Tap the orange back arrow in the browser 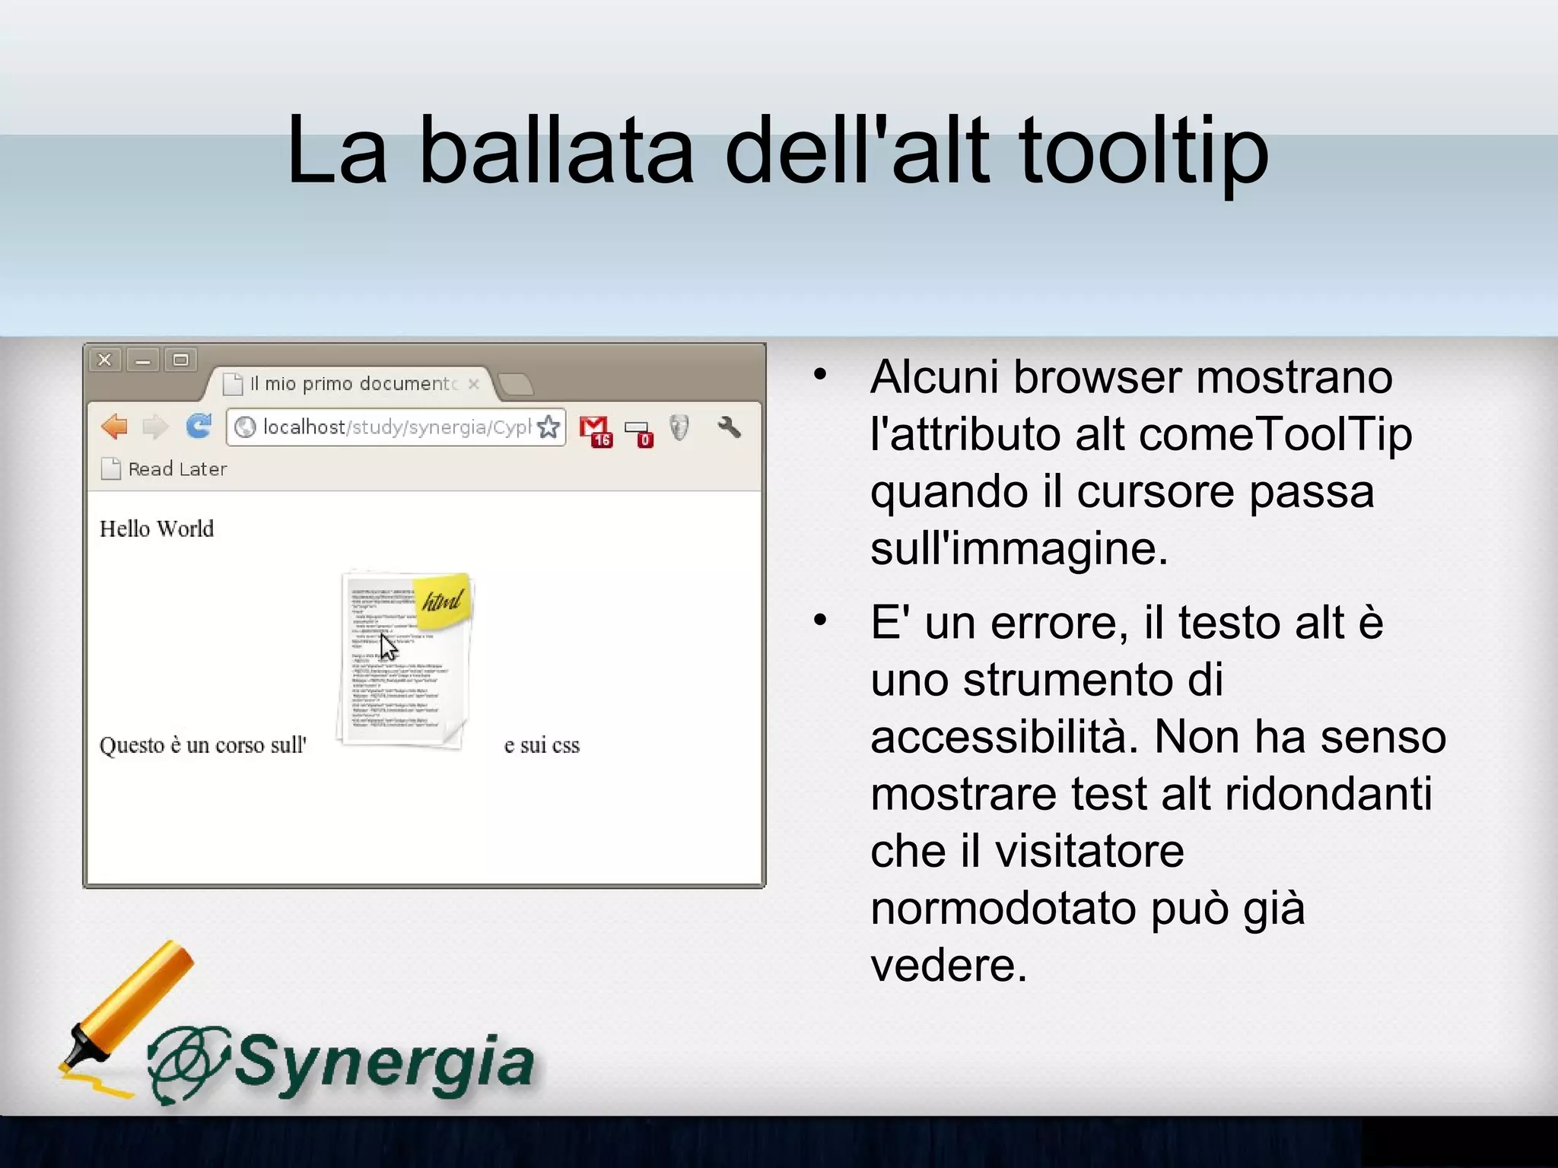(x=115, y=427)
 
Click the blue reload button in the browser (x=199, y=427)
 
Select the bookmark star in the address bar (x=548, y=427)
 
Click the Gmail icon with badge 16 (x=595, y=430)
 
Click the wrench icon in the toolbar (x=729, y=427)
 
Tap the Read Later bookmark (x=164, y=469)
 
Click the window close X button (x=105, y=360)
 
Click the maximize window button (x=180, y=360)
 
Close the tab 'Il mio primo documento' (x=474, y=384)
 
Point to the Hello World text (x=157, y=528)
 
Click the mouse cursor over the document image (x=389, y=647)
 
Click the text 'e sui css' (x=542, y=745)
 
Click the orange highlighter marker (x=129, y=1004)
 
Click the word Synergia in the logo (x=384, y=1063)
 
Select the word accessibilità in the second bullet (x=1004, y=737)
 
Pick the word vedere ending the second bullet (x=949, y=965)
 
